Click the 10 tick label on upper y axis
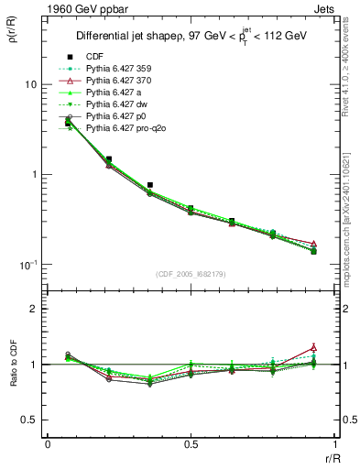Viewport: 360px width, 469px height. pos(29,84)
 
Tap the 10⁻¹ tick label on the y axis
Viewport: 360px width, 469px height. pos(27,264)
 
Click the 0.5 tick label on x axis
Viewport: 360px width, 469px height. pos(191,443)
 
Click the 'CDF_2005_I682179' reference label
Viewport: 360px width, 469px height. pos(191,274)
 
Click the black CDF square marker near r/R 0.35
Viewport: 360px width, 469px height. pos(150,185)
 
